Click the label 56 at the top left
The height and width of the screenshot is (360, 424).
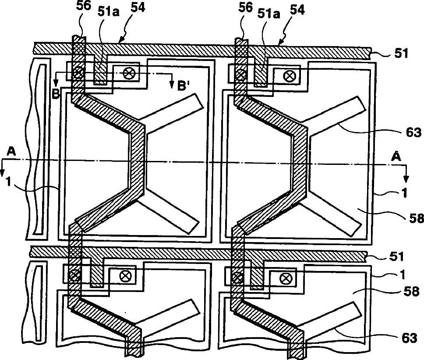pyautogui.click(x=84, y=6)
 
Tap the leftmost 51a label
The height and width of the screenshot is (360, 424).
pyautogui.click(x=109, y=12)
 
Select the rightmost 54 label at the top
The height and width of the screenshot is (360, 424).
pyautogui.click(x=297, y=10)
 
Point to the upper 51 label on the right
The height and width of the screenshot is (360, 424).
pyautogui.click(x=401, y=53)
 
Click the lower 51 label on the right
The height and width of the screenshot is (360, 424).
pyautogui.click(x=396, y=256)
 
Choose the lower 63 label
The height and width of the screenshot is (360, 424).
pyautogui.click(x=410, y=338)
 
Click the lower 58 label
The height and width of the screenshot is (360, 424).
pyautogui.click(x=411, y=292)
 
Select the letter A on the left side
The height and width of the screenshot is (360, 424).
pyautogui.click(x=11, y=152)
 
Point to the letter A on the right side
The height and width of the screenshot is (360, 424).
pyautogui.click(x=397, y=157)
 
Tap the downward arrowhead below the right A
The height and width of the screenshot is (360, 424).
pyautogui.click(x=406, y=179)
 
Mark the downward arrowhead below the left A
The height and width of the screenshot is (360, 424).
pyautogui.click(x=2, y=173)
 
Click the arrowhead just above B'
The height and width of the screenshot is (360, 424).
pyautogui.click(x=172, y=84)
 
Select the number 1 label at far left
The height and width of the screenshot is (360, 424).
pyautogui.click(x=9, y=182)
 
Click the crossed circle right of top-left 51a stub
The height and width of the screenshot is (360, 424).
pyautogui.click(x=128, y=73)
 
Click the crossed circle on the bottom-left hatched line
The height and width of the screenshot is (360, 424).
pyautogui.click(x=74, y=277)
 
